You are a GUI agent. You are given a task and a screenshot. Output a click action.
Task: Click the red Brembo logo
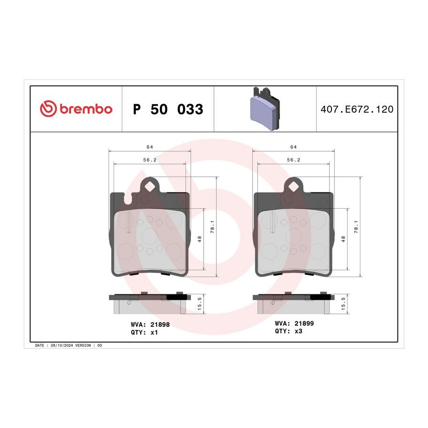tap(76, 109)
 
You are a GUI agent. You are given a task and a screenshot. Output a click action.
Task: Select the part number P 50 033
tap(168, 109)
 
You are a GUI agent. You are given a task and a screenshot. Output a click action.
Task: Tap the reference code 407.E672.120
tap(357, 109)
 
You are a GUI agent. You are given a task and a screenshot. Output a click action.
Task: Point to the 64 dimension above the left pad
tap(150, 147)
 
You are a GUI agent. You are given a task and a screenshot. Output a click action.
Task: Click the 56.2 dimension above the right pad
tap(293, 160)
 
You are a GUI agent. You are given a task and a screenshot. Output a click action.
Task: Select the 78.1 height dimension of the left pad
tap(213, 227)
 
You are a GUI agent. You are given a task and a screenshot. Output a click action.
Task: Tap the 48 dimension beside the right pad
tap(343, 239)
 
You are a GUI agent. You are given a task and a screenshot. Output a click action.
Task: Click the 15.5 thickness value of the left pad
tap(200, 304)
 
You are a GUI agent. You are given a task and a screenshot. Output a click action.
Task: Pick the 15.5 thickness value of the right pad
tap(343, 304)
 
